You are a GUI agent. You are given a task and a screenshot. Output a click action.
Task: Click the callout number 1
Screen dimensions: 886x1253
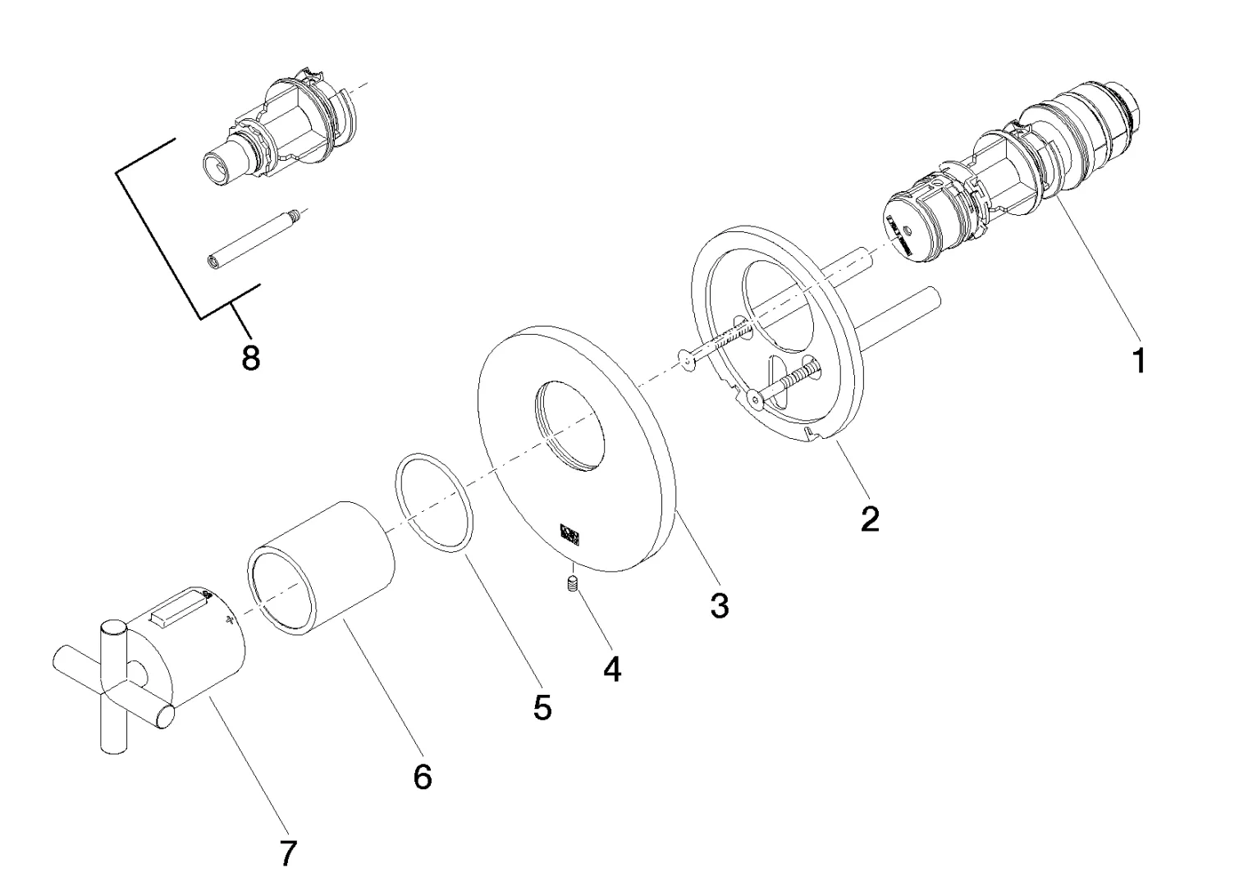1138,360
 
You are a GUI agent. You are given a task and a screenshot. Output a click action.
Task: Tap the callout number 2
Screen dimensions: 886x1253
870,518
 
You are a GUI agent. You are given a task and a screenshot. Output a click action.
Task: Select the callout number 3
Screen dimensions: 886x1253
719,606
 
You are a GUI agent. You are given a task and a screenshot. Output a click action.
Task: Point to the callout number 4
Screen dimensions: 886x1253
612,669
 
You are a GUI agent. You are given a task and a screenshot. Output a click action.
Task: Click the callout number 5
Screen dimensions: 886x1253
542,707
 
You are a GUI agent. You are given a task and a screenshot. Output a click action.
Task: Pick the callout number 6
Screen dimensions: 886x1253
422,776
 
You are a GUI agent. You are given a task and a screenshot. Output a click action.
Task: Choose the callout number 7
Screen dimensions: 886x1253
287,855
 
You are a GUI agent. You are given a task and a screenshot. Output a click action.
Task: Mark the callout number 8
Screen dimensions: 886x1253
250,358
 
